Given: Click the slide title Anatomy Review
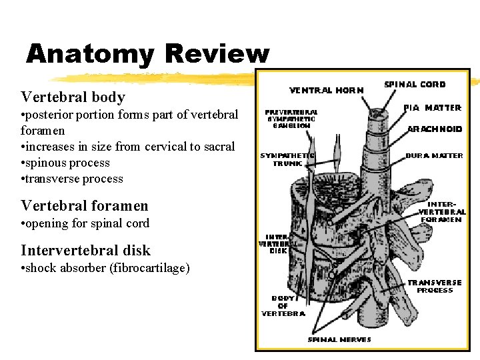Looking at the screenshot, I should point(147,53).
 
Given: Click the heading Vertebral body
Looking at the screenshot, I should point(73,97).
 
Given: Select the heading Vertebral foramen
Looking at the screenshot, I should point(84,206).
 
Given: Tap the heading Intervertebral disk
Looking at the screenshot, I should point(85,251).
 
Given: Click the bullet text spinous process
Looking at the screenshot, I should point(68,163).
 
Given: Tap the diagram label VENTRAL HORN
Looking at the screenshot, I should point(327,89).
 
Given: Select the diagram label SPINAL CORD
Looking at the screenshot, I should point(415,85).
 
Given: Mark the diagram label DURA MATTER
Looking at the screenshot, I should point(434,156).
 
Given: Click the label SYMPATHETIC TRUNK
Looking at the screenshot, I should point(287,159).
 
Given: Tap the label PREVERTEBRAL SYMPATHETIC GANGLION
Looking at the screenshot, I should point(291,119).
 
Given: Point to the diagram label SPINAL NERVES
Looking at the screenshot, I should point(339,339).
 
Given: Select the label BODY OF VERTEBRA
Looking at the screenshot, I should point(283,306).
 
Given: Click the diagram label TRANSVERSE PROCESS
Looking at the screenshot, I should point(434,287).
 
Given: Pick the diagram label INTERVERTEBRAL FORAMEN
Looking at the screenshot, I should point(441,212).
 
